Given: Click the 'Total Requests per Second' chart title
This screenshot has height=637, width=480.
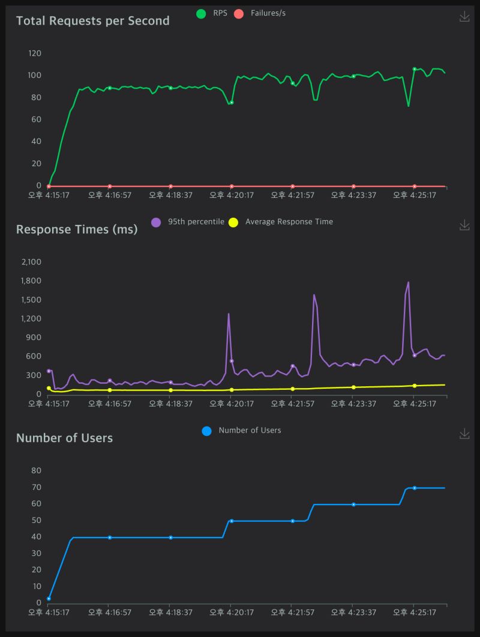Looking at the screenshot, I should [92, 21].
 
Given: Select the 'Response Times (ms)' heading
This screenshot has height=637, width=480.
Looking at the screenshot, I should [76, 230].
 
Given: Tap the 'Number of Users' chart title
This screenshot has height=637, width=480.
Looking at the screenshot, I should [64, 438].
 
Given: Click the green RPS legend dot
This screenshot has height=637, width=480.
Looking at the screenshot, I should [201, 13].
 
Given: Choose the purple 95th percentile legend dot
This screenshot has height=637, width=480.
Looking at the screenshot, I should [156, 222].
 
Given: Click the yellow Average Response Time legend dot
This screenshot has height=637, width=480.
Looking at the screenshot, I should [233, 222].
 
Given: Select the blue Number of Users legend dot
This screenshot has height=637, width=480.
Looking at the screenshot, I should [207, 431].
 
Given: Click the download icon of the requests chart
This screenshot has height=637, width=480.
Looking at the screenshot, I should [464, 17].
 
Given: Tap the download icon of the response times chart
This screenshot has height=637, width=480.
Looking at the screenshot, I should [464, 225].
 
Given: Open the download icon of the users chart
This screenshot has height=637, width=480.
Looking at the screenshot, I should [464, 434].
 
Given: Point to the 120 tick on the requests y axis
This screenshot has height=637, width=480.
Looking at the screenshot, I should [35, 53].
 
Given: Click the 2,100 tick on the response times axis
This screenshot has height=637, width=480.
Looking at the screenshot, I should [31, 262].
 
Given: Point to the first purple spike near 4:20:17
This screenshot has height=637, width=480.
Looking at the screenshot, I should [228, 314].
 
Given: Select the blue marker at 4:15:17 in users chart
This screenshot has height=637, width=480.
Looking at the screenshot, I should [49, 598].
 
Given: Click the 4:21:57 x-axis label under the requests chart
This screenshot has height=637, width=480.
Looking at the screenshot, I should [293, 195].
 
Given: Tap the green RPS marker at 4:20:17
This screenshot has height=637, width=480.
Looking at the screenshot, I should [232, 103].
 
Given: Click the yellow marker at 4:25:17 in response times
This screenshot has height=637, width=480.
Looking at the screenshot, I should [415, 386].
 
